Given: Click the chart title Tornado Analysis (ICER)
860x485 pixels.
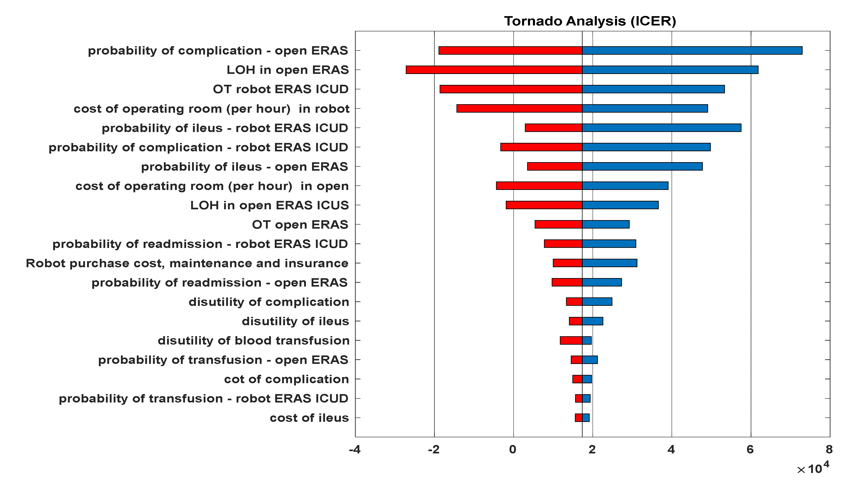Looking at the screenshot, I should [x=590, y=21].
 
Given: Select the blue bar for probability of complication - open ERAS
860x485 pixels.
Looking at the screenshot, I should [x=692, y=50].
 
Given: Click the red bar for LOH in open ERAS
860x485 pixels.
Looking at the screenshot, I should [x=494, y=70].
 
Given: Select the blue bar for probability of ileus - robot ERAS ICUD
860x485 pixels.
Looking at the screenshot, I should [x=661, y=128].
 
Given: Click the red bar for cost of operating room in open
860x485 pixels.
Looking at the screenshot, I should [x=539, y=186].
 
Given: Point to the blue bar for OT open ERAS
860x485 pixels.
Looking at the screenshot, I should [x=606, y=224].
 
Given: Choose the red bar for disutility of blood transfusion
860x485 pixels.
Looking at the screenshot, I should [x=571, y=340].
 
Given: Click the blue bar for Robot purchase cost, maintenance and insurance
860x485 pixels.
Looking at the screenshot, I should [x=609, y=263].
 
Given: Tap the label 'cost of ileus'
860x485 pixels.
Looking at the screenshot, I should [x=309, y=418].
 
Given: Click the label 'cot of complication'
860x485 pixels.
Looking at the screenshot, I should [x=286, y=379].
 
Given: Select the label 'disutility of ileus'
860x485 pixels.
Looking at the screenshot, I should [x=295, y=321].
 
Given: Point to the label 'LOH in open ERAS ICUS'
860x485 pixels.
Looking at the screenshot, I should [x=269, y=205].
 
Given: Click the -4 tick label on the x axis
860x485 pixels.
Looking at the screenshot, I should [x=355, y=450].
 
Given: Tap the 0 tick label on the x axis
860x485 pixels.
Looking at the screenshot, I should [x=513, y=450].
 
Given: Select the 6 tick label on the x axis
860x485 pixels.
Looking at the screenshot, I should [x=750, y=450].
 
